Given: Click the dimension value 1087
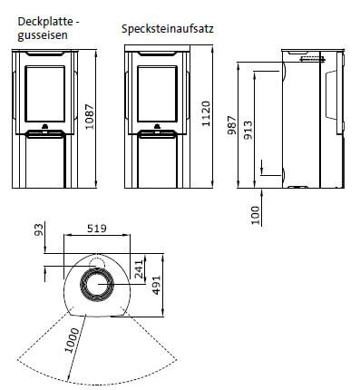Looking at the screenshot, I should point(89,114).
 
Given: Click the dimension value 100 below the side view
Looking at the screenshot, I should point(255,214).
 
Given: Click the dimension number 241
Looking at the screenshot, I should point(139,268).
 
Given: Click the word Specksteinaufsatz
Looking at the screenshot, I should point(167,28).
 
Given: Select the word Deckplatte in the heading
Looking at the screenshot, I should point(29,21).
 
